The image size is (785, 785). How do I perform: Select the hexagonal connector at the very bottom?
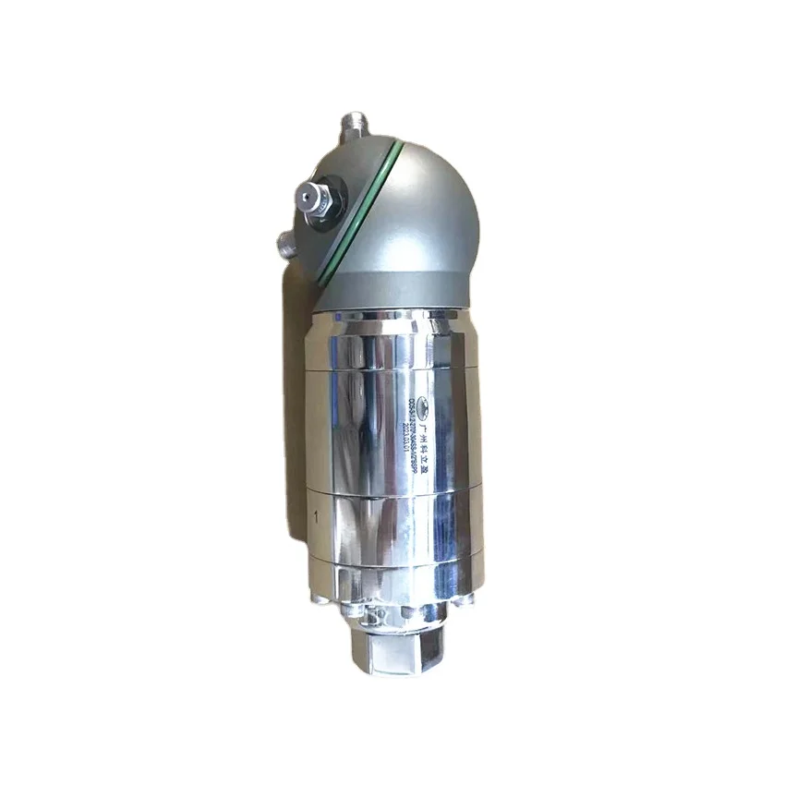[392, 646]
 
